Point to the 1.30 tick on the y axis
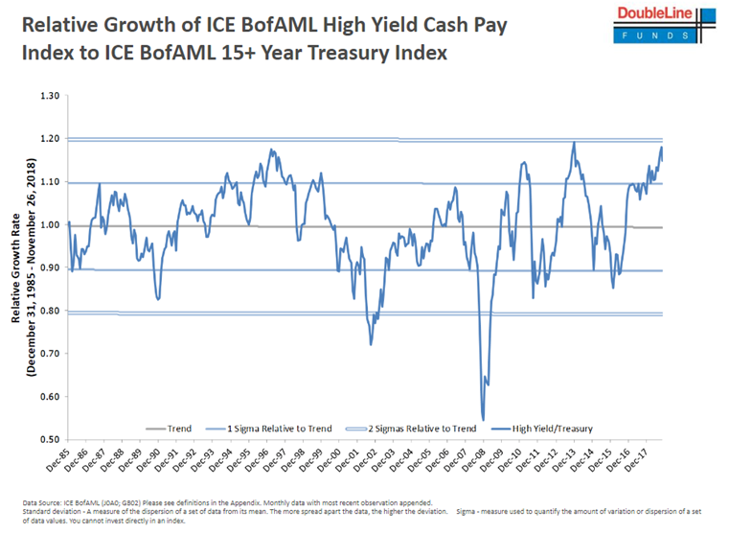click(x=48, y=96)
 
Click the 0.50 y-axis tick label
click(x=48, y=440)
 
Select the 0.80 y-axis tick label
click(x=48, y=311)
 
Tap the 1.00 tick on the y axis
click(x=48, y=225)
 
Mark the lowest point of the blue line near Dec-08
click(x=483, y=419)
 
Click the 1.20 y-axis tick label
click(x=48, y=139)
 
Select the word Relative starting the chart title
click(x=58, y=24)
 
